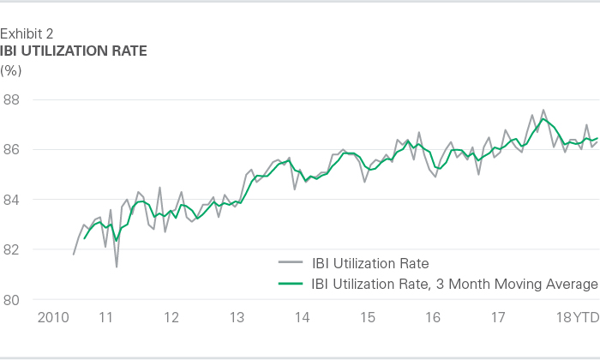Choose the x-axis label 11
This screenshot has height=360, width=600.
click(106, 317)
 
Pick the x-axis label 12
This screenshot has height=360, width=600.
click(171, 317)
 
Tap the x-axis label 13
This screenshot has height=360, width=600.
click(237, 317)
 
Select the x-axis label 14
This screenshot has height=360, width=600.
click(303, 317)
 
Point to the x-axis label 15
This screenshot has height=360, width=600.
click(368, 317)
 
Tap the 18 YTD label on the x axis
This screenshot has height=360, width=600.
click(575, 317)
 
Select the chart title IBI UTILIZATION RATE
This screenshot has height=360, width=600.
click(74, 51)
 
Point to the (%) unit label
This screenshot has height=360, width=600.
click(11, 69)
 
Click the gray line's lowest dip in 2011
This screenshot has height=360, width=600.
click(117, 267)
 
